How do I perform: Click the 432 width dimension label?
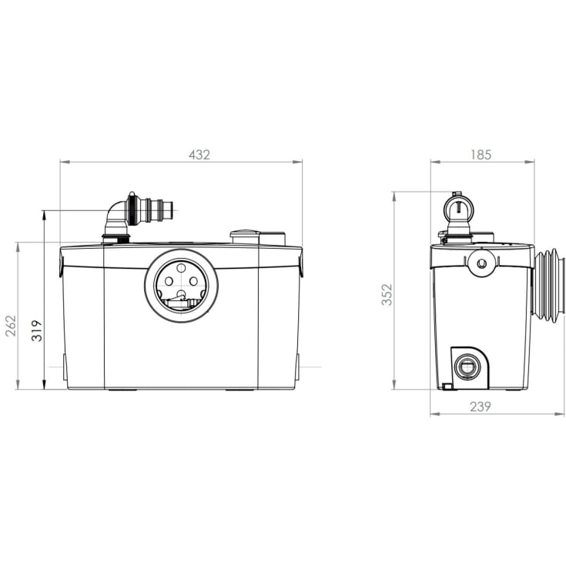tap(199, 155)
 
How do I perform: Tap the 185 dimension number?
tap(481, 155)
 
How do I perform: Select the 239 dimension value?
tap(481, 407)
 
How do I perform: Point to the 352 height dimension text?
tap(387, 295)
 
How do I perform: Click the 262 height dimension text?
tap(12, 326)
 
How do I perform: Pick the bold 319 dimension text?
tap(37, 330)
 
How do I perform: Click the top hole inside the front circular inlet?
tap(181, 268)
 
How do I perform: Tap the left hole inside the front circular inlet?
tap(169, 281)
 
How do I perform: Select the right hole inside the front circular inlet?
tap(194, 281)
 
